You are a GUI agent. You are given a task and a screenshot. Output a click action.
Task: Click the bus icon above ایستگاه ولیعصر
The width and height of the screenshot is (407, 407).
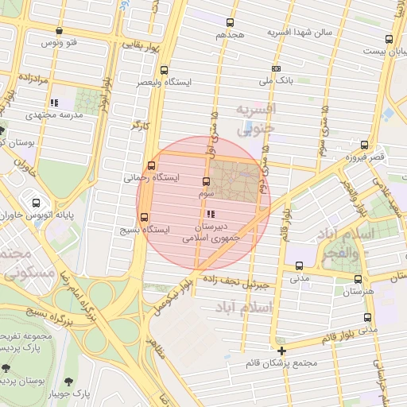(x=164, y=70)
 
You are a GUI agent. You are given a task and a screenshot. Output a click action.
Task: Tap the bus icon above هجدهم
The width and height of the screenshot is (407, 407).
(x=231, y=23)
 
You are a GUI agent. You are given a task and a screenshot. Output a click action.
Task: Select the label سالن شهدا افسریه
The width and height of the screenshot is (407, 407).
(x=297, y=32)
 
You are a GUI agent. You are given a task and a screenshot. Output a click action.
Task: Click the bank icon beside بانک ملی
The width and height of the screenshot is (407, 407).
(x=276, y=69)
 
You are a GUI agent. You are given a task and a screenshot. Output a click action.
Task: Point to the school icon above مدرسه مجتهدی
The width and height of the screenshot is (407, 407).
(x=54, y=103)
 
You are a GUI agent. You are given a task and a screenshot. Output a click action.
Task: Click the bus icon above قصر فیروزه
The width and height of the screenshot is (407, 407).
(x=364, y=145)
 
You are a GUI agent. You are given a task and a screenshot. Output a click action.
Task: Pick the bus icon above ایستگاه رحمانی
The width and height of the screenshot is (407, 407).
(x=151, y=165)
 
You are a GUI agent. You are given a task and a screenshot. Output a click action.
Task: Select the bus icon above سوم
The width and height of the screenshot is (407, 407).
(x=207, y=181)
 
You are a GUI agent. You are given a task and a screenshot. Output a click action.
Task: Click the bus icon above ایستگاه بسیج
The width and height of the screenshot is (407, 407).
(x=144, y=216)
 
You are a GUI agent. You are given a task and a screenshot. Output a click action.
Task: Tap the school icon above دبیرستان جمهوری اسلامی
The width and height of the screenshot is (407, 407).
(x=210, y=214)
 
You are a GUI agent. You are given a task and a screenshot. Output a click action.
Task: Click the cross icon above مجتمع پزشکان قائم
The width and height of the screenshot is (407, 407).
(x=281, y=350)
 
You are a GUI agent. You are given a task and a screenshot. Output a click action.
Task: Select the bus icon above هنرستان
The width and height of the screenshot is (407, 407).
(x=356, y=279)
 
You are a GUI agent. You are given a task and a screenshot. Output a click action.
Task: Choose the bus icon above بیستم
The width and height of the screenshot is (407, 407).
(x=389, y=38)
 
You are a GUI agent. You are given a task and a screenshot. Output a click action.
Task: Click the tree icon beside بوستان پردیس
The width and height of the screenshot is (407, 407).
(x=6, y=368)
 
